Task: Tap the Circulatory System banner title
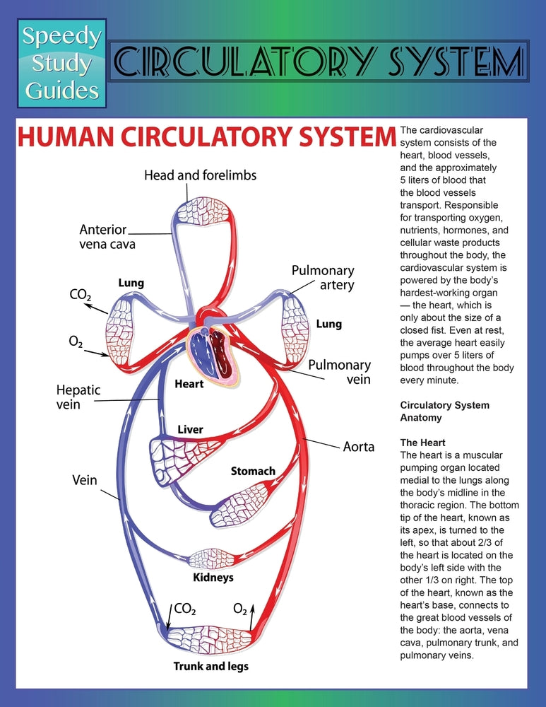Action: point(317,62)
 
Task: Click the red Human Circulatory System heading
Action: point(206,137)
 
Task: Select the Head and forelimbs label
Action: point(200,175)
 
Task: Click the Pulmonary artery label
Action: point(323,278)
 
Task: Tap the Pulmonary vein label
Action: point(339,372)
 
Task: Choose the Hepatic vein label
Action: point(78,397)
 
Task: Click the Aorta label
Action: point(358,447)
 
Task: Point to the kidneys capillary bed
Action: point(213,559)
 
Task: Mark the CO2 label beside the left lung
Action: point(79,295)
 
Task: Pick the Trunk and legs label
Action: point(210,666)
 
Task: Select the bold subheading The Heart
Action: point(422,443)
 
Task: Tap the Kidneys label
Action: point(213,578)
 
